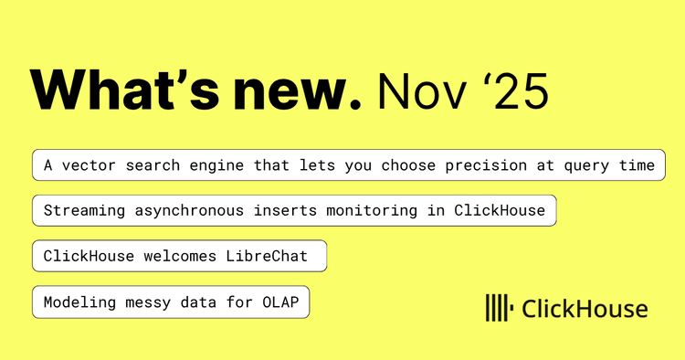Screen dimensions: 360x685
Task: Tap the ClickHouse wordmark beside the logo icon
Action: (585, 309)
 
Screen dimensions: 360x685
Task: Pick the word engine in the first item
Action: (205, 165)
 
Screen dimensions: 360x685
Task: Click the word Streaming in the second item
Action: (84, 210)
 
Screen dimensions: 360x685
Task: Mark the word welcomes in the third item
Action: (183, 256)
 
